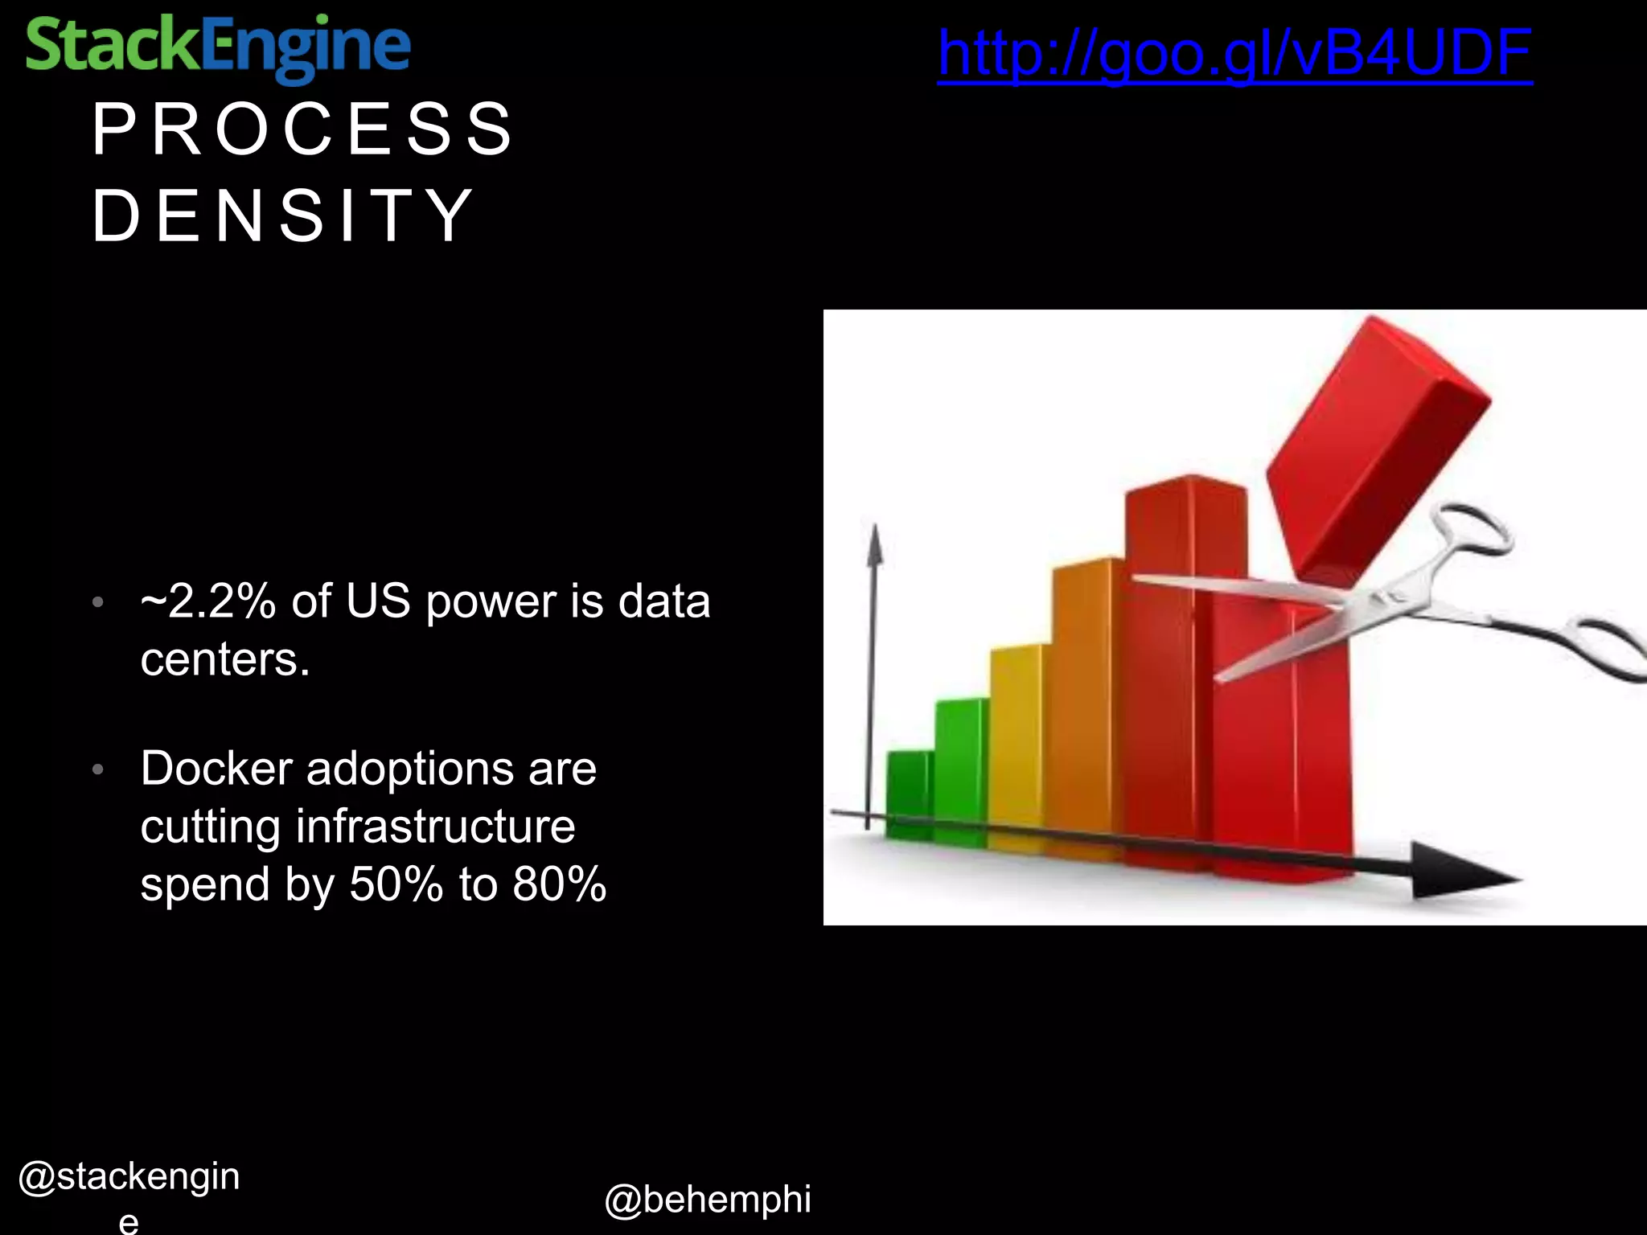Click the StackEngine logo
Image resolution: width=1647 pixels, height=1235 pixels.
[x=217, y=47]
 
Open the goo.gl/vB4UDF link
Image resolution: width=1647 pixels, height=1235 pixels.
[x=1234, y=53]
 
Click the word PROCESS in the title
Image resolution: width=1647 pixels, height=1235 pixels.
[x=302, y=129]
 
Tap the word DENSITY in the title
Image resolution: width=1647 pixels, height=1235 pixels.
[x=283, y=215]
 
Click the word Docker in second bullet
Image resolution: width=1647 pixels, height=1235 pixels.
[x=216, y=768]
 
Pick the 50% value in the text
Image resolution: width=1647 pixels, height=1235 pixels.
[x=396, y=884]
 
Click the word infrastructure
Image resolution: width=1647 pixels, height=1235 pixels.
[x=435, y=826]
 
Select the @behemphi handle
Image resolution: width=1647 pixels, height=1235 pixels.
[x=707, y=1200]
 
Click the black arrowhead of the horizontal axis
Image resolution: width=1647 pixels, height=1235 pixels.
[x=1460, y=872]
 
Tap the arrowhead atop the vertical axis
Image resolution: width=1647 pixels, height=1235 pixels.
[x=874, y=547]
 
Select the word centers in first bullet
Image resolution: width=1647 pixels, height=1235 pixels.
[x=224, y=660]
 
